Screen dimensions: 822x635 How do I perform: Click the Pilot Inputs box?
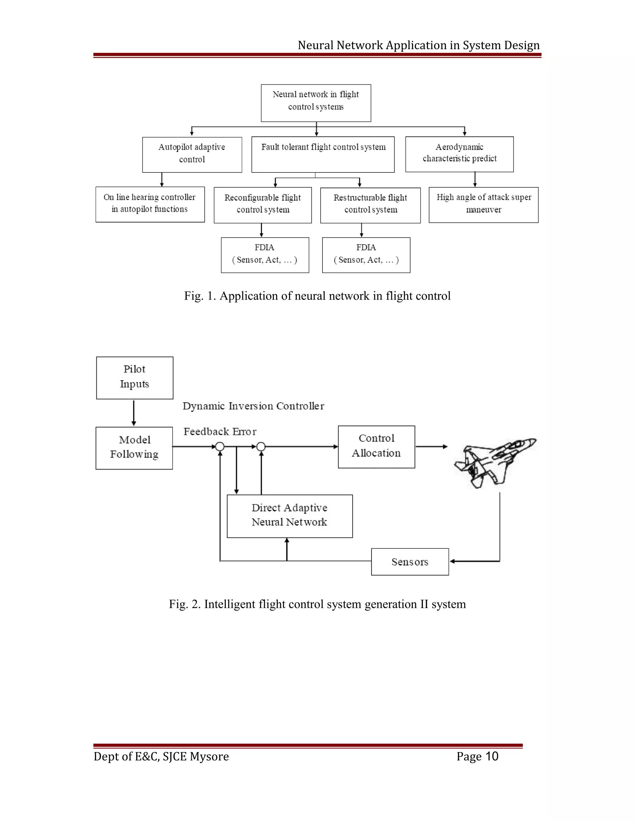click(x=135, y=377)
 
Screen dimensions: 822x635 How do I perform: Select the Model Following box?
click(x=134, y=448)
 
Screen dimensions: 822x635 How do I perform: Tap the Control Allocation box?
click(x=376, y=447)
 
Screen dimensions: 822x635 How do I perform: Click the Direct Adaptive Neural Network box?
click(x=290, y=516)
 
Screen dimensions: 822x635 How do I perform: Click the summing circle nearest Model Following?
click(x=220, y=447)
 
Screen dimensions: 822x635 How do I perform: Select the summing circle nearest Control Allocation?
click(x=261, y=447)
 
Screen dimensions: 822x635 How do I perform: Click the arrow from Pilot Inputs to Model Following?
click(x=134, y=413)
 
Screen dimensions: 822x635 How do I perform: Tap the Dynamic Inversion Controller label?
click(x=253, y=406)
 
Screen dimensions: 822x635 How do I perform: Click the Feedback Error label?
click(x=220, y=432)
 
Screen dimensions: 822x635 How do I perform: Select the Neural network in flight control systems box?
click(x=316, y=103)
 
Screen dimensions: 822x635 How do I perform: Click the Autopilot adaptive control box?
click(x=192, y=154)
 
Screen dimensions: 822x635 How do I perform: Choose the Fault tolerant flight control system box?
click(x=323, y=154)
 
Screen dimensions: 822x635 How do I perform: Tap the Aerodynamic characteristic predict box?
click(x=459, y=154)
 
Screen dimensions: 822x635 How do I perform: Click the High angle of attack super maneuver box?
click(x=483, y=205)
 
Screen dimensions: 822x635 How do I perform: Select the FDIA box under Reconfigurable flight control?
click(x=265, y=255)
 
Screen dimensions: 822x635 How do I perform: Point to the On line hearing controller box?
click(x=150, y=204)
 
